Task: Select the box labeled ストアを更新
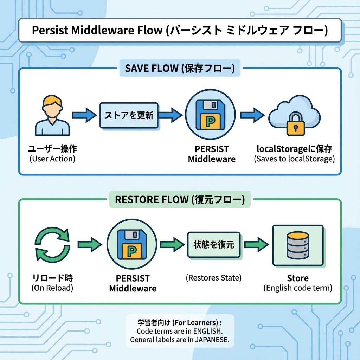pos(129,115)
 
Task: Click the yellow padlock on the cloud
pos(295,123)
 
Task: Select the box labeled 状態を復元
pos(213,244)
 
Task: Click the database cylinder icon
pos(298,245)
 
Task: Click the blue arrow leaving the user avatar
pos(84,115)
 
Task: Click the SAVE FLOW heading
pos(180,68)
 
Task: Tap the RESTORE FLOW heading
pos(180,200)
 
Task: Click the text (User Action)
pos(52,159)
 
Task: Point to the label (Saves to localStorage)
pos(294,159)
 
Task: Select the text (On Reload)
pos(52,288)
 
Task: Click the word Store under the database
pos(298,278)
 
